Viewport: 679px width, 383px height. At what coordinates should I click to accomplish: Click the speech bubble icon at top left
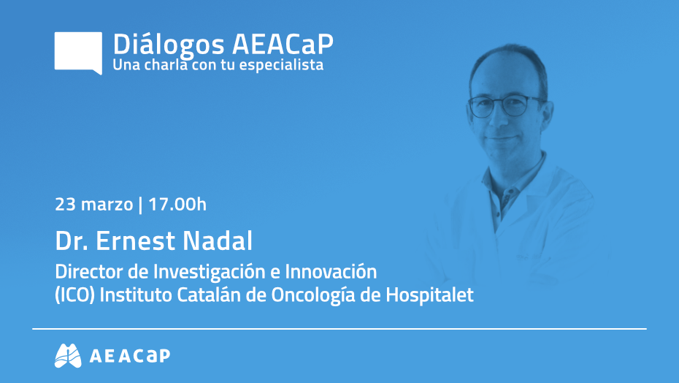pyautogui.click(x=78, y=52)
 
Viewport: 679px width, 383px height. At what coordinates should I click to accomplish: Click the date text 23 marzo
pyautogui.click(x=93, y=204)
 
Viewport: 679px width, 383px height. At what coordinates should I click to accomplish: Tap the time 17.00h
pyautogui.click(x=177, y=204)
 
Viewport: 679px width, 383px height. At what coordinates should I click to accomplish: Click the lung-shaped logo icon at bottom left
pyautogui.click(x=68, y=355)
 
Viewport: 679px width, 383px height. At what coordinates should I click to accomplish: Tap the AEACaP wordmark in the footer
pyautogui.click(x=129, y=356)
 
